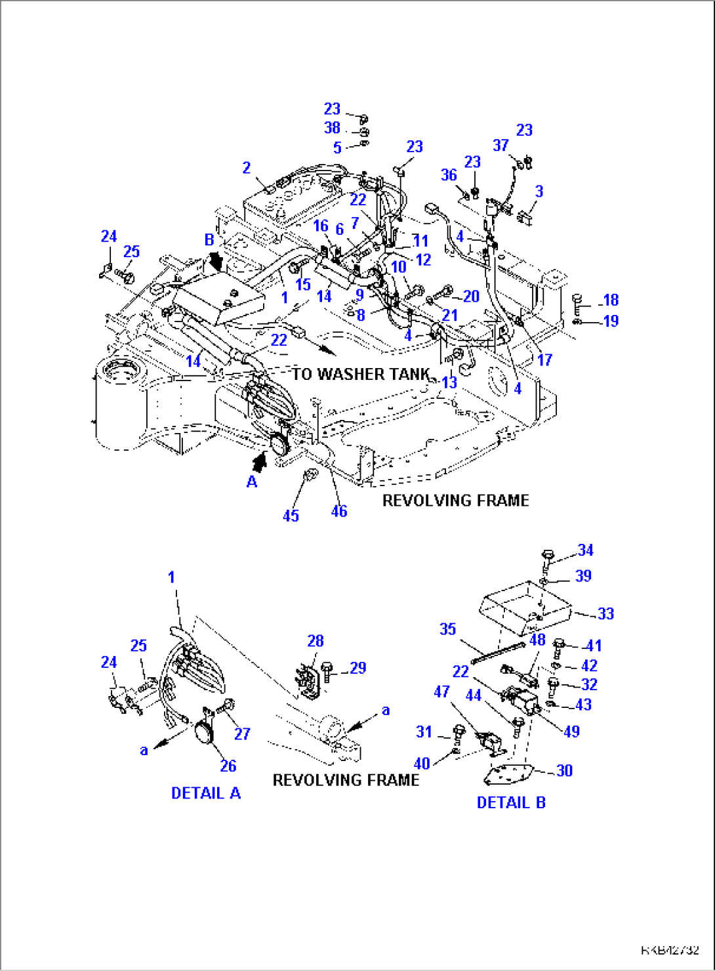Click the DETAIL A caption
coord(205,793)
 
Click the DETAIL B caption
coord(511,802)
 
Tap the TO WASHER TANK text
coord(360,374)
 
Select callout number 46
coord(338,511)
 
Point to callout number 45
coord(291,516)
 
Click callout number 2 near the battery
coord(246,168)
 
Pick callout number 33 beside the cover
coord(605,613)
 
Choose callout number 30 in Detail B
coord(564,770)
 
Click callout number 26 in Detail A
coord(228,765)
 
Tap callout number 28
coord(315,641)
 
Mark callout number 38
coord(332,128)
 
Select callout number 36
coord(449,175)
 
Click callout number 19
coord(611,321)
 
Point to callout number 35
coord(447,629)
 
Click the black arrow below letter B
coord(214,260)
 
